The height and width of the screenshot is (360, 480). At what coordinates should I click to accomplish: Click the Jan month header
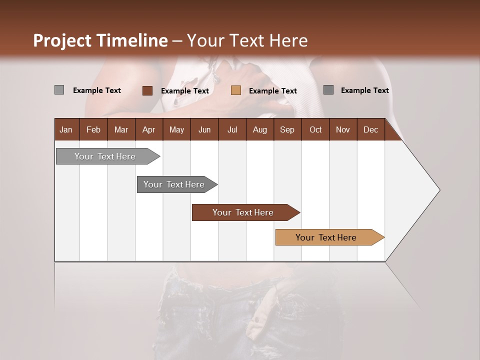(x=66, y=129)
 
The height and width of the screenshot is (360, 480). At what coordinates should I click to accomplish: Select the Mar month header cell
(x=121, y=129)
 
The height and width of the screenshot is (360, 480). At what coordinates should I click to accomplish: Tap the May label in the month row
(x=176, y=129)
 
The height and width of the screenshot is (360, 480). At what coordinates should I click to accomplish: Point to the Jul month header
(x=232, y=129)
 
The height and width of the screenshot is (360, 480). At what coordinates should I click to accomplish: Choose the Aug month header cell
(x=259, y=129)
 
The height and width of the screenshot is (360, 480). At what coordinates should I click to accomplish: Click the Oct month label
(x=315, y=129)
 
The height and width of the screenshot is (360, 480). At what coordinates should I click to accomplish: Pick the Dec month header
(x=370, y=129)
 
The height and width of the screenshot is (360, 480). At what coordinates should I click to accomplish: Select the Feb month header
(x=93, y=129)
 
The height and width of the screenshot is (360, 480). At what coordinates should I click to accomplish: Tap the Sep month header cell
(x=287, y=129)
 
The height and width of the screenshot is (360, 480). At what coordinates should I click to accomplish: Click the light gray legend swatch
(x=59, y=90)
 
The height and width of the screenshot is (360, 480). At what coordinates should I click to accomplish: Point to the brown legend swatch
(x=147, y=90)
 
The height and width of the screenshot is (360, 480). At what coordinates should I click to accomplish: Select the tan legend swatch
(x=236, y=90)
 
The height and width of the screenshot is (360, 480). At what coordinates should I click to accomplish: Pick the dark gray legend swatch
(x=328, y=90)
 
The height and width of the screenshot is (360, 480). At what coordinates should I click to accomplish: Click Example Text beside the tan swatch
(x=272, y=91)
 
